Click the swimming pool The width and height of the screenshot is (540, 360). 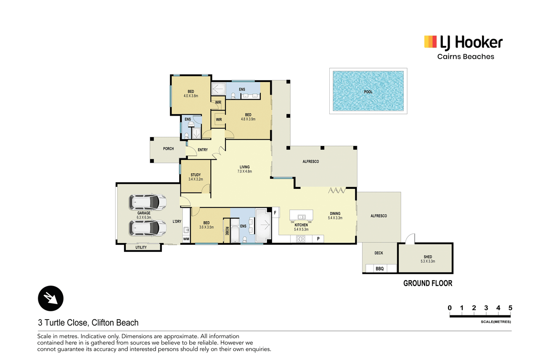click(x=368, y=91)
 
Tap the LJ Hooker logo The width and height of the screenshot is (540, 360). click(x=463, y=42)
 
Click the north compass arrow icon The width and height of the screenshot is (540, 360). click(x=50, y=298)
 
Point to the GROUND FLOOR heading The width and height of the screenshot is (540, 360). click(x=428, y=283)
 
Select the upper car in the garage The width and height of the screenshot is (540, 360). click(x=148, y=201)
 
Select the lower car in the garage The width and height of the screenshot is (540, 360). click(x=148, y=228)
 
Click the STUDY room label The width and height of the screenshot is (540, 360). click(x=196, y=175)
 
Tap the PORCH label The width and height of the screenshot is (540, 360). click(x=168, y=148)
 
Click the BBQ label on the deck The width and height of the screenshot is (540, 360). click(x=379, y=269)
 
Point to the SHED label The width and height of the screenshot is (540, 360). click(x=428, y=257)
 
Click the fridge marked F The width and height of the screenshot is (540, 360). click(x=275, y=212)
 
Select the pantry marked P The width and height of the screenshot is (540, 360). click(x=318, y=239)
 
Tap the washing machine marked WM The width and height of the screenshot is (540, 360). click(x=186, y=239)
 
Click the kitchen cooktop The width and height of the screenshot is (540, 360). click(x=300, y=239)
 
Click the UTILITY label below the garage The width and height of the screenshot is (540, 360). click(x=141, y=247)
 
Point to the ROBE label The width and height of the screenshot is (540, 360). click(x=227, y=231)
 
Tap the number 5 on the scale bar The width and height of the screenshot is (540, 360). click(x=510, y=308)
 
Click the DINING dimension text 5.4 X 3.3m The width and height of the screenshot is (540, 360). click(x=335, y=218)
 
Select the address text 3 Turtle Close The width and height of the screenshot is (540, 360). click(x=62, y=323)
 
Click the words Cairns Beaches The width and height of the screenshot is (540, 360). click(x=466, y=57)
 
